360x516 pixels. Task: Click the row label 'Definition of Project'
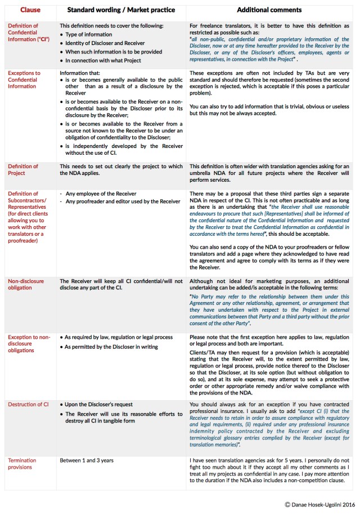pyautogui.click(x=23, y=170)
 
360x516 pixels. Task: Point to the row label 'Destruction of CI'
pyautogui.click(x=28, y=404)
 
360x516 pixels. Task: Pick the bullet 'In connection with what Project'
pyautogui.click(x=107, y=60)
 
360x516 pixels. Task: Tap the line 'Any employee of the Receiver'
pyautogui.click(x=102, y=194)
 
